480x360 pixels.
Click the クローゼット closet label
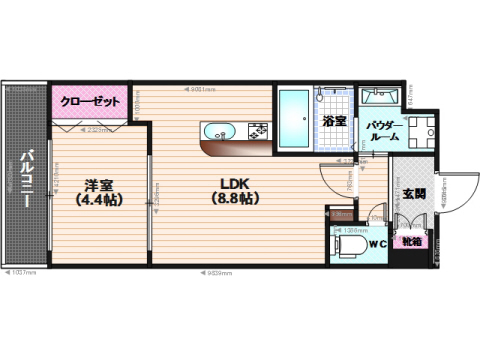[91, 102]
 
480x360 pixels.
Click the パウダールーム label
[383, 130]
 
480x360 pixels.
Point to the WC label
[377, 243]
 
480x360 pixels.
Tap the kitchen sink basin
[219, 131]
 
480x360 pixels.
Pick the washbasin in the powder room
[381, 97]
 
